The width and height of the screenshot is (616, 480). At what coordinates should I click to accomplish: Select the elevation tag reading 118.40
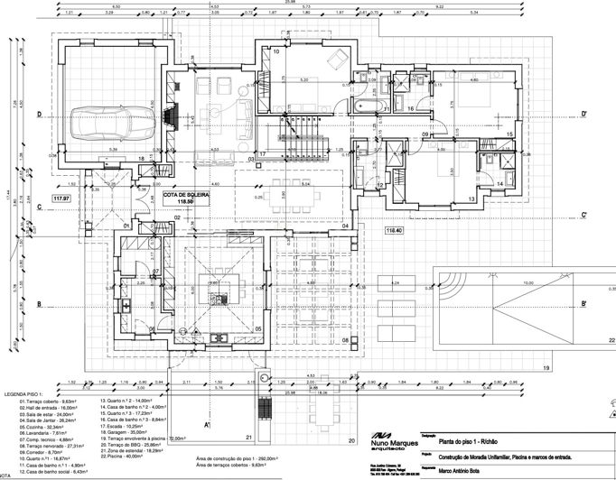pyautogui.click(x=395, y=231)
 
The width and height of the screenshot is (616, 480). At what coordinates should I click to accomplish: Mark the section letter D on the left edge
pyautogui.click(x=40, y=115)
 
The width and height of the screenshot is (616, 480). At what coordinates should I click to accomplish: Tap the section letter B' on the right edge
pyautogui.click(x=584, y=303)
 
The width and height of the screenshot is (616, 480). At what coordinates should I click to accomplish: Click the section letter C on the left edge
pyautogui.click(x=40, y=207)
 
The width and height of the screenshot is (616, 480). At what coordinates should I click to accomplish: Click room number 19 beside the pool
pyautogui.click(x=546, y=368)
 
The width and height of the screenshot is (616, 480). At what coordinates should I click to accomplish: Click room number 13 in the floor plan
pyautogui.click(x=471, y=197)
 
